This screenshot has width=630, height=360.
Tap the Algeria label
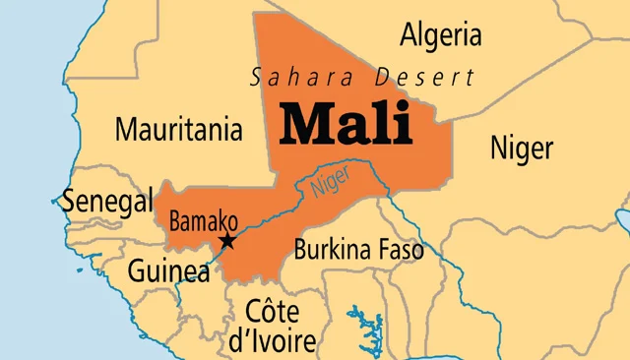pos(441,35)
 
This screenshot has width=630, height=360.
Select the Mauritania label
pos(178,129)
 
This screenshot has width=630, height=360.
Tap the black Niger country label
pos(521,149)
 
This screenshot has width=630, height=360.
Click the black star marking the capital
pos(226,241)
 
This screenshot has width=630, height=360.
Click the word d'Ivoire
pos(272,340)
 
